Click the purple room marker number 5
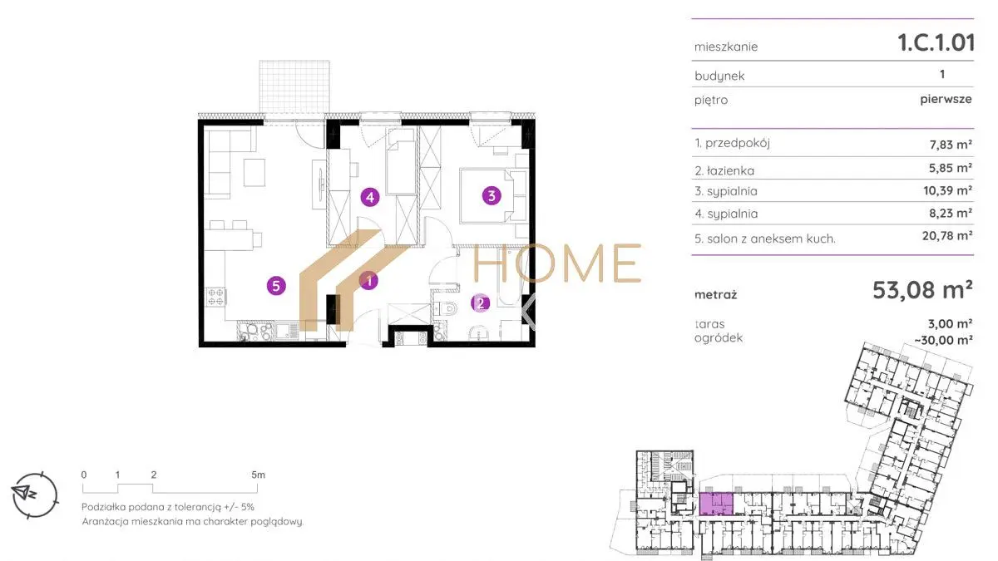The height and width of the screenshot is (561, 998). click(x=276, y=286)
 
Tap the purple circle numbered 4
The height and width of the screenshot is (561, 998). click(x=370, y=197)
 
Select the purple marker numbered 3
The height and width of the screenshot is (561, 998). click(x=492, y=195)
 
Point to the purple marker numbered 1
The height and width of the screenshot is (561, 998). click(x=369, y=281)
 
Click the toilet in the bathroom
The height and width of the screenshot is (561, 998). click(x=446, y=308)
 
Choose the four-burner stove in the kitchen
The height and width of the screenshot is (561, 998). click(x=215, y=297)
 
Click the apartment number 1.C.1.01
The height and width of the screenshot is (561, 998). click(x=936, y=42)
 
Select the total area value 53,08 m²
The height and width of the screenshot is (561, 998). click(x=922, y=290)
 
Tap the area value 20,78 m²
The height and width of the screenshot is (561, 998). click(x=946, y=235)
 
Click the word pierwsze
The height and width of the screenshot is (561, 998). click(x=946, y=99)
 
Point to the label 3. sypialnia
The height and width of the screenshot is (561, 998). click(x=726, y=191)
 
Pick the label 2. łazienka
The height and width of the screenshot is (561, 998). click(x=724, y=170)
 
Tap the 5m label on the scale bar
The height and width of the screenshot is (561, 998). click(x=258, y=475)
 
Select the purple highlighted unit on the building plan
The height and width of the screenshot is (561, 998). click(x=716, y=504)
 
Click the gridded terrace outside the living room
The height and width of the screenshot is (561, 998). click(x=294, y=86)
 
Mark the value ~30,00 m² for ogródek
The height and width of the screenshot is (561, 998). click(x=944, y=340)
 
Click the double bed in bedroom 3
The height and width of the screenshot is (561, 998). click(x=487, y=195)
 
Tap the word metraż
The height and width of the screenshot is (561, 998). click(x=715, y=294)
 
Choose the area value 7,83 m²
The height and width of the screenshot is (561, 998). click(x=951, y=145)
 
